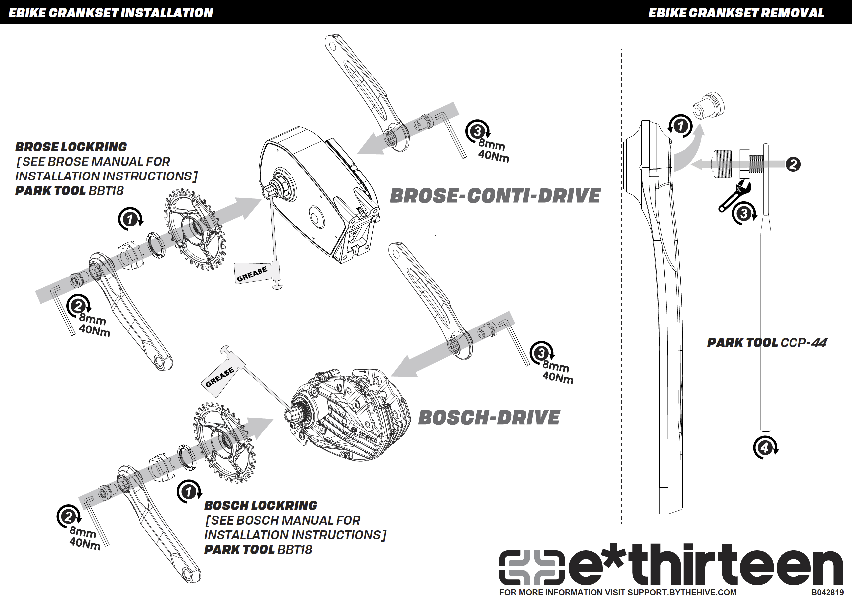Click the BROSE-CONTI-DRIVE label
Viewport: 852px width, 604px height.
pos(495,196)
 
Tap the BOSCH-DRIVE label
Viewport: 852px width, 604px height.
pos(489,417)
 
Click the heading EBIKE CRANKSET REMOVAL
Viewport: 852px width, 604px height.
pos(736,13)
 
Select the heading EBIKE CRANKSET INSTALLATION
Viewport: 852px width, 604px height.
pos(111,13)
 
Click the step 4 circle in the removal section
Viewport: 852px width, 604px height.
pos(765,448)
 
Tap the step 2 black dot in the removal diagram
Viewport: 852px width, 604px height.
pos(793,164)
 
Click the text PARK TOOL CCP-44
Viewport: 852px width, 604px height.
pos(767,342)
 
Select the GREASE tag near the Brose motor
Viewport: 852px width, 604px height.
pos(252,274)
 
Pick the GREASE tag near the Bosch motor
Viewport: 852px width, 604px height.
pos(220,377)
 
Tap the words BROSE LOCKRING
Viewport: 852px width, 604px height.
pos(71,147)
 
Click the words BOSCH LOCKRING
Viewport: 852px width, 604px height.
pos(260,505)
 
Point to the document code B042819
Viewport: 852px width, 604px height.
pos(827,592)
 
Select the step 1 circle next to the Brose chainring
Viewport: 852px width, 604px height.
pos(130,219)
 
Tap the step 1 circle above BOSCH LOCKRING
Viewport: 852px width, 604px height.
pos(188,492)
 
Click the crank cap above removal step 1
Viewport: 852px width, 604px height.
pos(708,106)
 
